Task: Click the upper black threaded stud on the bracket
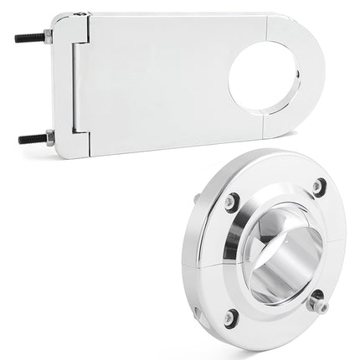[29, 39]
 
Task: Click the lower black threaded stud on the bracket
[32, 138]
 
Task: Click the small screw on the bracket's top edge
[80, 13]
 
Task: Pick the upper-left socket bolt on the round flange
[231, 202]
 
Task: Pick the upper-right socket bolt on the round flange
[319, 187]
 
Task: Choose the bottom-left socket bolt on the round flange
[230, 317]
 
